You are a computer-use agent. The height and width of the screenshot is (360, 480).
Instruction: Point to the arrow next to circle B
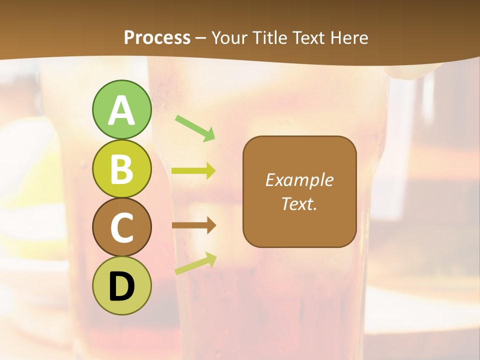click(193, 171)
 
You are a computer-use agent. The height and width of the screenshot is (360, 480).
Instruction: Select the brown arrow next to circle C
click(193, 225)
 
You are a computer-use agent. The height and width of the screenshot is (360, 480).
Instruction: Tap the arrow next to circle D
click(195, 263)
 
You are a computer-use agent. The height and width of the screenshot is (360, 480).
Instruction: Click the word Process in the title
click(157, 37)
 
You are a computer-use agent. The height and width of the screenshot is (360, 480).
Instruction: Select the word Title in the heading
click(270, 37)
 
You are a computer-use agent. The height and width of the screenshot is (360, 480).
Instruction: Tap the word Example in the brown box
click(299, 180)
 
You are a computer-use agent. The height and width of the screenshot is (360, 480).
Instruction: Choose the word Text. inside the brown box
click(299, 204)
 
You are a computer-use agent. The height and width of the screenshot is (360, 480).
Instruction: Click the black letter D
click(121, 286)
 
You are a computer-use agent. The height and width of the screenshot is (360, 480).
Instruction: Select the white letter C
click(121, 228)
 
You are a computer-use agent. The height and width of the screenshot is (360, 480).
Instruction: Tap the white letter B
click(121, 169)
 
